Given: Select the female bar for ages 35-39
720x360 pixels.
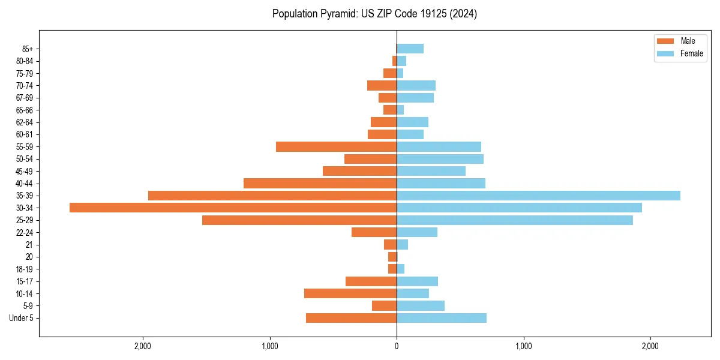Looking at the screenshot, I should click(x=538, y=196).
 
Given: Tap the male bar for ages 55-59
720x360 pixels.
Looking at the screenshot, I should click(x=336, y=146).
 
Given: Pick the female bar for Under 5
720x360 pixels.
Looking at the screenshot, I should click(x=442, y=318).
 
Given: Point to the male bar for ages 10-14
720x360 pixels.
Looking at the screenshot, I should click(x=350, y=293).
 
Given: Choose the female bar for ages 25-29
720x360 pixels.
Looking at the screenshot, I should click(x=515, y=220).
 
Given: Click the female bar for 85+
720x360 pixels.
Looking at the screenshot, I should click(x=410, y=49).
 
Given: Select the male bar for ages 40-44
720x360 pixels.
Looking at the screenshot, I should click(x=320, y=183).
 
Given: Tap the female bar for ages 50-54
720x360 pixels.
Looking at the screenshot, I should click(x=440, y=159).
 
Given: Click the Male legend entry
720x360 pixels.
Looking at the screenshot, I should click(x=688, y=41).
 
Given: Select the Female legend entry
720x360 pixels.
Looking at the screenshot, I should click(x=691, y=53).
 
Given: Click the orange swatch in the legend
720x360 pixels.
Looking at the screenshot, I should click(x=666, y=41).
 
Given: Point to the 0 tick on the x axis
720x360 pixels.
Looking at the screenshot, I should click(x=397, y=346).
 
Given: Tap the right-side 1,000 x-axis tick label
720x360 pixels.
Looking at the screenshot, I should click(x=524, y=346).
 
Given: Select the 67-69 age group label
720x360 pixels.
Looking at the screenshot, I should click(x=25, y=98).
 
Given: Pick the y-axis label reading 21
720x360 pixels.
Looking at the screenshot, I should click(x=29, y=245).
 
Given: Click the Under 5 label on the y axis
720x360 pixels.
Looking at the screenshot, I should click(x=22, y=318).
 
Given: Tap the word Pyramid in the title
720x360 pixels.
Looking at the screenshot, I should click(x=337, y=14).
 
